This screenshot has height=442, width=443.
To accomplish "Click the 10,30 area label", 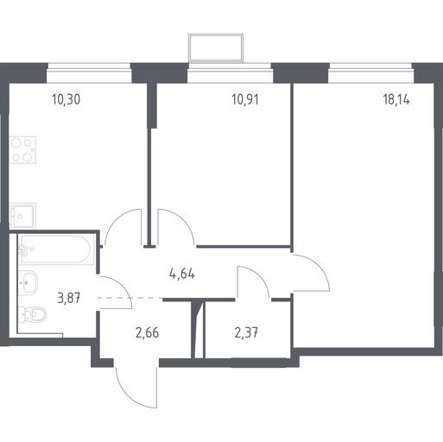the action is (x=66, y=99).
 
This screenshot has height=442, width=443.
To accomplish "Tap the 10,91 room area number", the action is (x=245, y=99).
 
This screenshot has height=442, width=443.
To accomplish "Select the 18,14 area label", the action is (x=396, y=99).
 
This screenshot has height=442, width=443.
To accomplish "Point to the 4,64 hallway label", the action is (x=182, y=274).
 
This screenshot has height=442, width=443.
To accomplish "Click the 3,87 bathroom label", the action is (x=69, y=298).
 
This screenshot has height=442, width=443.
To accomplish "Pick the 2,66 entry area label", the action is (x=147, y=333).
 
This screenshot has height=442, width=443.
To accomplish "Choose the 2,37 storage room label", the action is (x=246, y=333).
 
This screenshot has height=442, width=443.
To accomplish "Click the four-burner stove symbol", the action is (x=22, y=150).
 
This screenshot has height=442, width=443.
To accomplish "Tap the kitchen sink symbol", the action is (x=22, y=216).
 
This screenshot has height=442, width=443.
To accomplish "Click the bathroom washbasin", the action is (x=28, y=282).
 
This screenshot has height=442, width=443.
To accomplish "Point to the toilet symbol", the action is (x=33, y=315).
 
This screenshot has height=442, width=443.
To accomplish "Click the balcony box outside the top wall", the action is (x=216, y=47).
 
